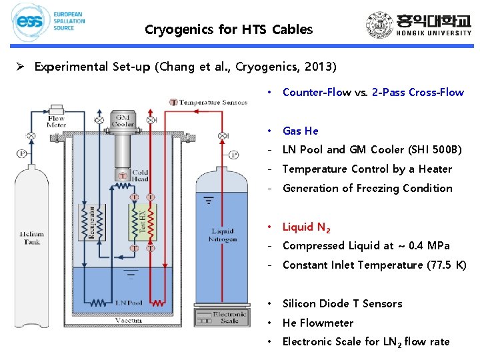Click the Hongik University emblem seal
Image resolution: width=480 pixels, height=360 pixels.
pos(381,25)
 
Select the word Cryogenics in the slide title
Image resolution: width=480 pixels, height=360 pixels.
pos(179,29)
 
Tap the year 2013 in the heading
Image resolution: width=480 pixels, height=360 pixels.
pos(321,67)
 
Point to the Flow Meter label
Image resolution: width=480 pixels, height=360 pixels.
pos(57,121)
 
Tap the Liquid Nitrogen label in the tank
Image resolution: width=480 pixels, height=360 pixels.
pos(223,235)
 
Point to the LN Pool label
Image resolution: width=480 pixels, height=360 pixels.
pos(128,303)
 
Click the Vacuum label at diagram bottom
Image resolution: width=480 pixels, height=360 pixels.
pos(128,321)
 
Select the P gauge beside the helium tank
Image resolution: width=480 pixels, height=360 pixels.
pos(23,152)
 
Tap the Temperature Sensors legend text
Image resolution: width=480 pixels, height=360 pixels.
pos(213,102)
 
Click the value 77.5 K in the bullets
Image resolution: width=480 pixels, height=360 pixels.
pos(447,265)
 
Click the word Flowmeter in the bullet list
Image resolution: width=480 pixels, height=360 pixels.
pos(326,323)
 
